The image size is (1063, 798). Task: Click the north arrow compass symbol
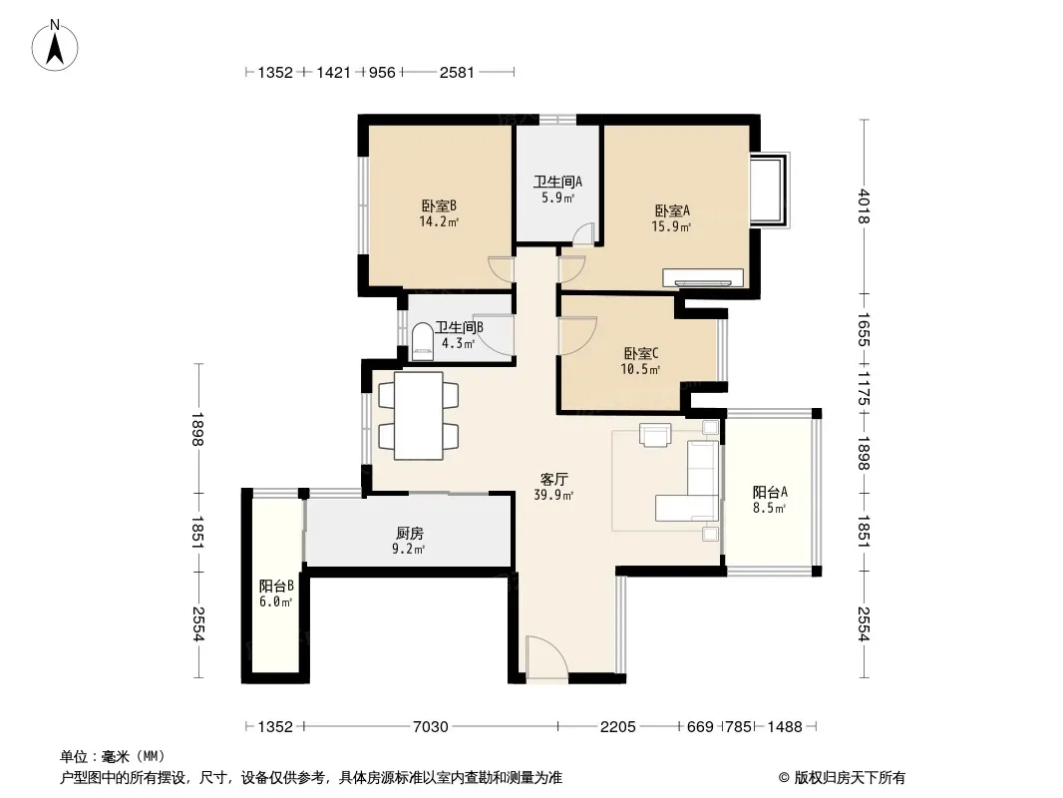tap(55, 46)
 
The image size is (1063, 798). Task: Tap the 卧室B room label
tap(439, 205)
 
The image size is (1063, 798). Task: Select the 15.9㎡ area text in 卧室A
tap(671, 227)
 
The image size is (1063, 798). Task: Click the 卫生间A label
tap(557, 182)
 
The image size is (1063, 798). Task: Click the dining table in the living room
tap(419, 416)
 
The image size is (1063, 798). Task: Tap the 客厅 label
tap(553, 480)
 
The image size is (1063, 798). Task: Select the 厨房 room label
tap(410, 534)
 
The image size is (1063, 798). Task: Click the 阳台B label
tap(276, 586)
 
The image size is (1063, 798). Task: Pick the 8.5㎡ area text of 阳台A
tap(770, 509)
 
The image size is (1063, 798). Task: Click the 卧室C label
tap(640, 353)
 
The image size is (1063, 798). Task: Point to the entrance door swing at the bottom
tap(546, 656)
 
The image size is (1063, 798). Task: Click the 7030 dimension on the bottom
tap(431, 727)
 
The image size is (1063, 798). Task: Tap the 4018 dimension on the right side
tap(864, 206)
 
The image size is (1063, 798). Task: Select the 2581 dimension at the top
tap(457, 72)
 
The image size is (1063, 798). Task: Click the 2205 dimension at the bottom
tap(617, 727)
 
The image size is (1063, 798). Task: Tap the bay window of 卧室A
tap(770, 191)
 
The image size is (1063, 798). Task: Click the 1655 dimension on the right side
tap(864, 329)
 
